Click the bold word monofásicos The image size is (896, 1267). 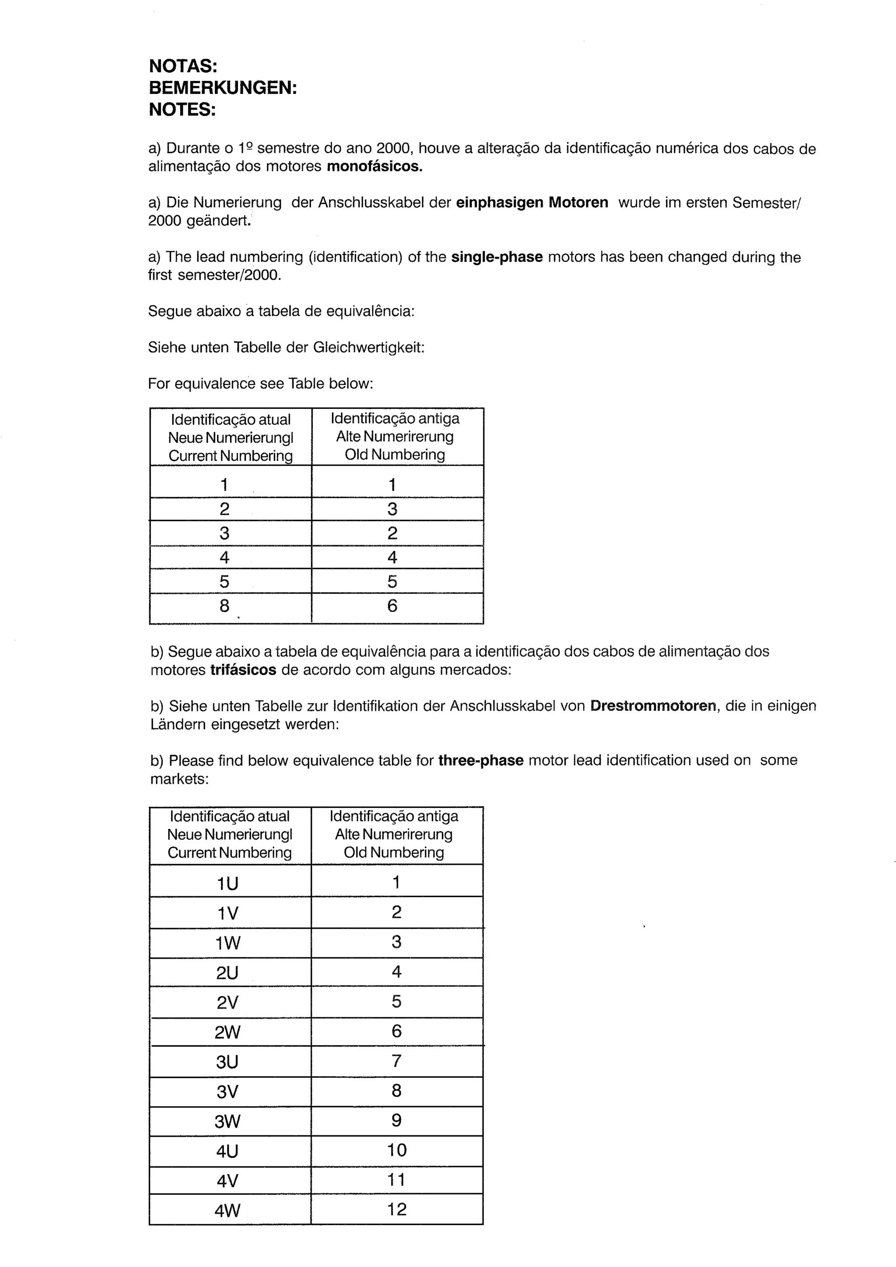(374, 166)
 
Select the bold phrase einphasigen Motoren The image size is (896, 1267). (532, 202)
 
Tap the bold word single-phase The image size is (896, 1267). (497, 257)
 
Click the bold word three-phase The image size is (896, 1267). (481, 760)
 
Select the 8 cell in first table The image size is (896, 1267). (224, 606)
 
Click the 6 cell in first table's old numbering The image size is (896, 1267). (392, 606)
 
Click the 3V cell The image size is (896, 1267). (227, 1092)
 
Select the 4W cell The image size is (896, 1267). (227, 1211)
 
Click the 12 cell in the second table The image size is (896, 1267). (396, 1210)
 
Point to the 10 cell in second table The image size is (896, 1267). (396, 1150)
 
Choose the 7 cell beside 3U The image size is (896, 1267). (396, 1061)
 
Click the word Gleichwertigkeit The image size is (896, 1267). (368, 348)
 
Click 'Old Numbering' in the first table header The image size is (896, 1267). (395, 455)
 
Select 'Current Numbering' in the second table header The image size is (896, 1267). (230, 853)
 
